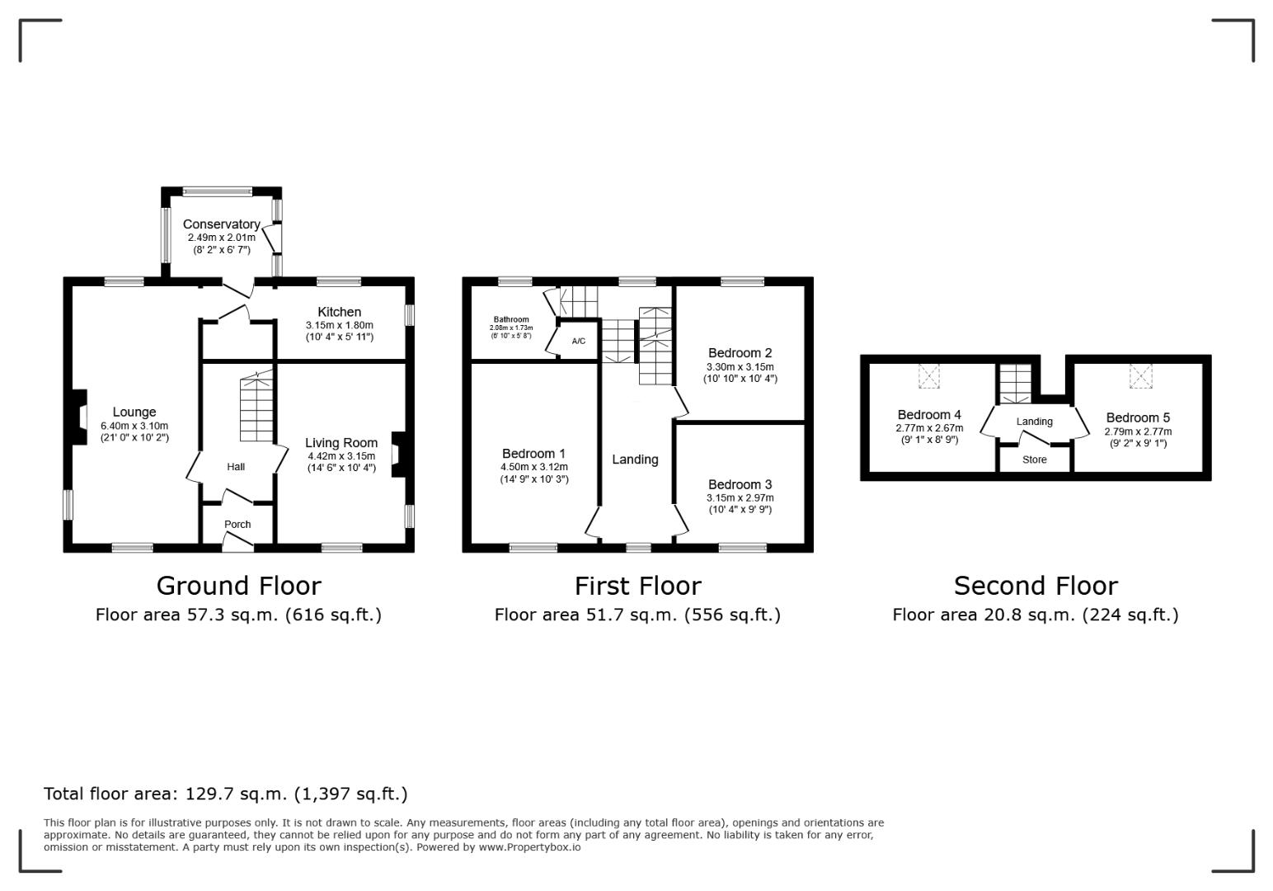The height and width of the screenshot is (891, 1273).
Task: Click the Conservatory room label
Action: click(222, 224)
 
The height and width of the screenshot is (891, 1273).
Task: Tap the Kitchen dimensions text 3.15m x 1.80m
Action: click(340, 325)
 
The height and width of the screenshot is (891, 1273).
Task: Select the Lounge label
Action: click(134, 412)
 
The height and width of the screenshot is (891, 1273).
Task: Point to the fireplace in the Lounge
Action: click(79, 417)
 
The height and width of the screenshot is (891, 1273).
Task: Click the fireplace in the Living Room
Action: click(399, 455)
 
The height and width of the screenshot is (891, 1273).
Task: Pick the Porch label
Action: click(237, 524)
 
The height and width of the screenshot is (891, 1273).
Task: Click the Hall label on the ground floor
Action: click(236, 467)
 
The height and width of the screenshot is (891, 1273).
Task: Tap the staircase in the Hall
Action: click(256, 406)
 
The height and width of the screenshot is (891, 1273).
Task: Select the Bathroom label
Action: click(511, 319)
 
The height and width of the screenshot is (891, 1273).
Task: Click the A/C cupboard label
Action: click(579, 342)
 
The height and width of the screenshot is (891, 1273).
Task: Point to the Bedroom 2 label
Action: click(740, 353)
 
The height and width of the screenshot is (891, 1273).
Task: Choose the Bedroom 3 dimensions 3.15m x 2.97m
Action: click(740, 497)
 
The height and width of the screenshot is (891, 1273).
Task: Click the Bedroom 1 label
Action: click(533, 454)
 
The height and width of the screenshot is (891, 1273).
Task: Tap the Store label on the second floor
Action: click(1034, 460)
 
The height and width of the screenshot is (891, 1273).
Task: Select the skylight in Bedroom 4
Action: click(929, 376)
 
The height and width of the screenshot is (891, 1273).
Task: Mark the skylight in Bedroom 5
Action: click(1140, 376)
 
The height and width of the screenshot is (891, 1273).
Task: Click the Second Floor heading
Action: click(1036, 586)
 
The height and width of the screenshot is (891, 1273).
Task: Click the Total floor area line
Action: click(226, 794)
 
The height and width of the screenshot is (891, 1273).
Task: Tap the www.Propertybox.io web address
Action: click(529, 847)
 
